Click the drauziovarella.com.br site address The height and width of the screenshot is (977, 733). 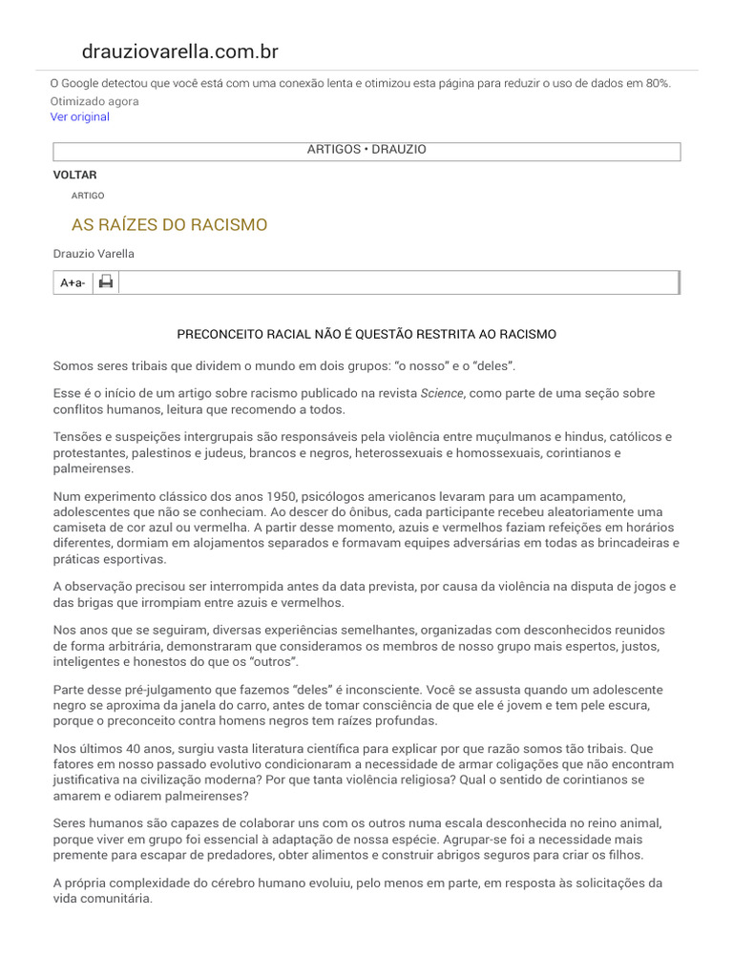(x=180, y=52)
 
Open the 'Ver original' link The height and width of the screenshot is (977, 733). (x=80, y=116)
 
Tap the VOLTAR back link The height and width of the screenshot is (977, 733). (x=74, y=176)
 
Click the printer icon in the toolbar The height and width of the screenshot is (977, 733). (x=106, y=281)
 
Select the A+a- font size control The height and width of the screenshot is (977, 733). (x=73, y=282)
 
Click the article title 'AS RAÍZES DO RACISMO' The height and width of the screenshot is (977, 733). (x=169, y=225)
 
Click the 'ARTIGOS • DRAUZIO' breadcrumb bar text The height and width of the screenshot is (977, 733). (x=366, y=151)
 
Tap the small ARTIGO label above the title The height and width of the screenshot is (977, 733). (x=88, y=196)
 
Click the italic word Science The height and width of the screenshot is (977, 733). (x=443, y=393)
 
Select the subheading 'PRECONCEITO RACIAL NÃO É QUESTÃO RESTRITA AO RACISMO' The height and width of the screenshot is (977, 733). (x=366, y=335)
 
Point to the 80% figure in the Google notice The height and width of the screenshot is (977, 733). (x=657, y=84)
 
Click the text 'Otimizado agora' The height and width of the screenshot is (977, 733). (x=94, y=101)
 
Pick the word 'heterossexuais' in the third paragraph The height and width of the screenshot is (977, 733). (x=398, y=453)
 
